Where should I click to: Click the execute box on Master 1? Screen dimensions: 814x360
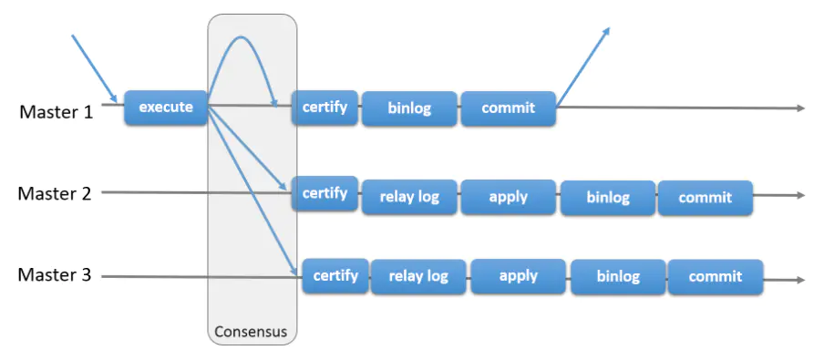click(x=166, y=108)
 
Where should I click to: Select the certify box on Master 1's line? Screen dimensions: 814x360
click(x=325, y=108)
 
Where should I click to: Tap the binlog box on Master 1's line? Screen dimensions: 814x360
click(x=409, y=108)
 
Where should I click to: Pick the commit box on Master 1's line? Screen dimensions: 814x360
click(x=509, y=108)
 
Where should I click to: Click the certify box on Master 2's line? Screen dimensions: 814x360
click(x=325, y=193)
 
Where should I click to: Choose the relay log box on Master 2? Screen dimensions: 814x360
click(x=409, y=197)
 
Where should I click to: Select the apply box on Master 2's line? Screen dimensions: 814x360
click(x=509, y=197)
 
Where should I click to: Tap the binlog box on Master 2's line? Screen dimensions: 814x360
click(x=608, y=198)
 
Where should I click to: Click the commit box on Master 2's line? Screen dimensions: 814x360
click(x=705, y=198)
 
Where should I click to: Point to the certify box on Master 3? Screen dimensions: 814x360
click(x=335, y=275)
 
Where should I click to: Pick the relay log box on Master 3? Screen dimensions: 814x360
click(x=418, y=276)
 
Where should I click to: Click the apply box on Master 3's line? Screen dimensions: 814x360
click(x=518, y=276)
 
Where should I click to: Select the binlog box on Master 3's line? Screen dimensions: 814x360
click(x=618, y=277)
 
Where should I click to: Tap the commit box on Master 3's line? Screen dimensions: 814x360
click(x=716, y=277)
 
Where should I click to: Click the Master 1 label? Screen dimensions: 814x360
click(x=57, y=111)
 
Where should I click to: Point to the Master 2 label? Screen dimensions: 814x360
click(x=55, y=193)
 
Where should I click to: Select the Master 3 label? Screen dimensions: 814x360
click(x=55, y=275)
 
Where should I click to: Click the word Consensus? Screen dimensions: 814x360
click(x=251, y=332)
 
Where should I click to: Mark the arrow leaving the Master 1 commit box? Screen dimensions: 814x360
click(x=582, y=66)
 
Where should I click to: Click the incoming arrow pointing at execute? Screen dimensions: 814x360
click(x=95, y=68)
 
